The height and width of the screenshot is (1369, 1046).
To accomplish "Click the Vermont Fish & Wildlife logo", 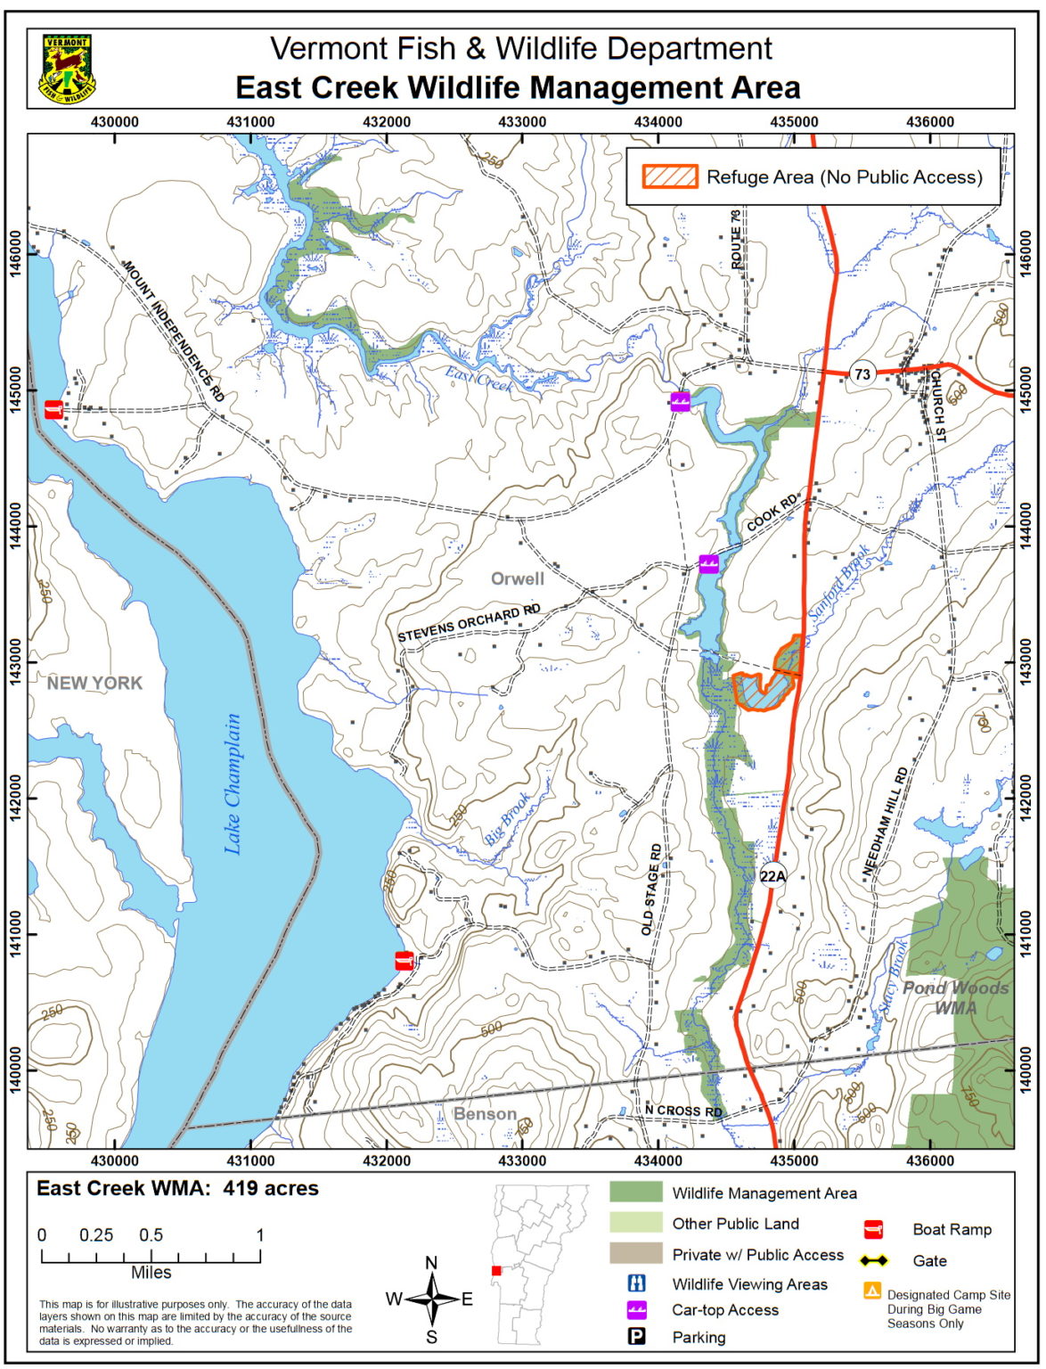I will click(67, 69).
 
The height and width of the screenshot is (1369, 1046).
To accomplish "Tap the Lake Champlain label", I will click(233, 784).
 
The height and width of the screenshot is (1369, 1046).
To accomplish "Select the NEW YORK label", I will click(94, 684).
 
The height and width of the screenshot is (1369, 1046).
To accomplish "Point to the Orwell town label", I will click(517, 579).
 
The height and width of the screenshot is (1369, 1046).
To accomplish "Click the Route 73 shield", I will click(862, 374).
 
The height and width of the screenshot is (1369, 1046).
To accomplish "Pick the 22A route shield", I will click(772, 876).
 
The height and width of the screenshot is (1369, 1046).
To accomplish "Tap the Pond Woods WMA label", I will click(955, 998).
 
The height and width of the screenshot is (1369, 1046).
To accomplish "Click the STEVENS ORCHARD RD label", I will click(469, 624).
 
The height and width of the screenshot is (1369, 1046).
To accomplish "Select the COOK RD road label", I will click(772, 516).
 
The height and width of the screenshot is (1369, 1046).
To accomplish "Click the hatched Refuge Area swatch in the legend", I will click(670, 176).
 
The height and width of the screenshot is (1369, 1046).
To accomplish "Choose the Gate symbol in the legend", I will click(875, 1261).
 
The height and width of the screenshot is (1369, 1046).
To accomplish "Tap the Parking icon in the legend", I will click(637, 1337).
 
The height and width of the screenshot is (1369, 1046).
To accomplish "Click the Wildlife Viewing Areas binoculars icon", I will click(637, 1283).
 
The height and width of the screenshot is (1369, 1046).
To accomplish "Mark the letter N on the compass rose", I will click(431, 1262).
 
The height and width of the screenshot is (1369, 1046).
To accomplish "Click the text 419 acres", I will click(270, 1188).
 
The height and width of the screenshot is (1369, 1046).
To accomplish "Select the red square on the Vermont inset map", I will click(496, 1270).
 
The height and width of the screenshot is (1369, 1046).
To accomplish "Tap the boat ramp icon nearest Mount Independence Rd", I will click(54, 409).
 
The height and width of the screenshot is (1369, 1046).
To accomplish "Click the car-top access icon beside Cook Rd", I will click(708, 562).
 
